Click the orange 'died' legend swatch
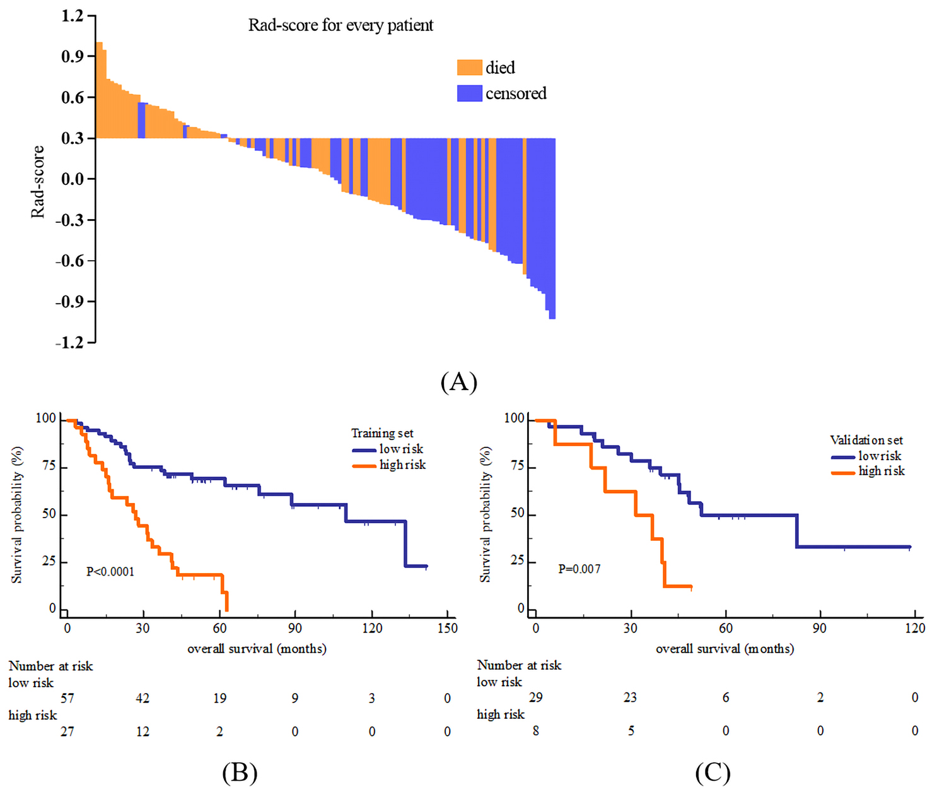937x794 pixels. pos(469,68)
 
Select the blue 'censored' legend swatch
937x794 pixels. pos(469,93)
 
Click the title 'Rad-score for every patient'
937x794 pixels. pos(340,25)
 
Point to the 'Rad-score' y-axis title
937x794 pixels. pos(38,182)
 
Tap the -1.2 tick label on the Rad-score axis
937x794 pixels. pos(69,343)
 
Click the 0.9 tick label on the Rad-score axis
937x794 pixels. pos(73,57)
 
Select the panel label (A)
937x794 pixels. pos(458,382)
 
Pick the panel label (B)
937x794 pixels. pos(240,773)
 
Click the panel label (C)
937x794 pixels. pos(713,773)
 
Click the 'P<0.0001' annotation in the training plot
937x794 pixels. pos(110,572)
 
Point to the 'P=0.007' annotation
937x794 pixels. pos(579,569)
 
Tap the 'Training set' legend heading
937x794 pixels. pos(382,433)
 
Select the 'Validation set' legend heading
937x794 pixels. pos(866,440)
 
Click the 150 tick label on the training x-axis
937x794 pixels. pos(447,628)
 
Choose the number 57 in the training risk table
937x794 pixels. pos(67,698)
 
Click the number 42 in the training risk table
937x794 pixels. pos(143,698)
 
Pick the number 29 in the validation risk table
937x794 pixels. pos(535,697)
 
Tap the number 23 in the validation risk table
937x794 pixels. pos(630,697)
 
